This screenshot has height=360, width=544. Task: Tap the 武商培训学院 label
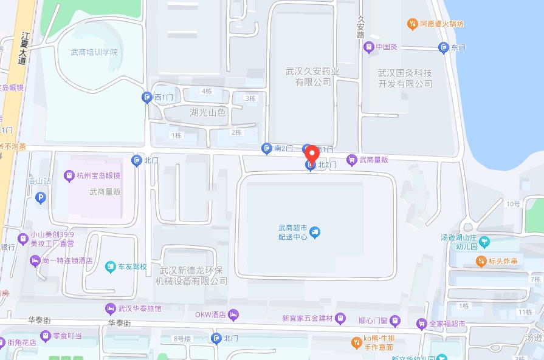tap(94, 52)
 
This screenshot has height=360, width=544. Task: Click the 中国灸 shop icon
tap(368, 47)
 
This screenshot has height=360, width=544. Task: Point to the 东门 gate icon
tap(444, 47)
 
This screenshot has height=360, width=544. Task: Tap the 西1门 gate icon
tap(147, 97)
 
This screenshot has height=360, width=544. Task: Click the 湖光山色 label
tap(207, 112)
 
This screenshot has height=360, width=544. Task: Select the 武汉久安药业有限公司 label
tap(313, 76)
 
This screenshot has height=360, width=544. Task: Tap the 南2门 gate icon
tap(266, 148)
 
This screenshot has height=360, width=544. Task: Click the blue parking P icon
tap(41, 197)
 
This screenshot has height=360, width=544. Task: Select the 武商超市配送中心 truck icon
tap(315, 232)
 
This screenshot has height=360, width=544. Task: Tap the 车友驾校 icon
tap(110, 266)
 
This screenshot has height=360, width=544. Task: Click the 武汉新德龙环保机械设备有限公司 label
tap(191, 275)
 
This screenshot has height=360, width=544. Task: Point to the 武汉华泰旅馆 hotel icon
tap(110, 308)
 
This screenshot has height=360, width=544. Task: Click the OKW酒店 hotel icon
tap(234, 314)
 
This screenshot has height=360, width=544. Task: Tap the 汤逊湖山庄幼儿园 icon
tap(484, 243)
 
